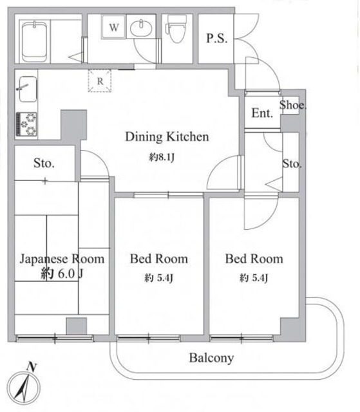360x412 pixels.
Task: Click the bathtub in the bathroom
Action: click(34, 41)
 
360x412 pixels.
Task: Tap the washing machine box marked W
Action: click(114, 27)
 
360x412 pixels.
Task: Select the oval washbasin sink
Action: click(141, 28)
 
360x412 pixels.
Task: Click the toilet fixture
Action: click(177, 29)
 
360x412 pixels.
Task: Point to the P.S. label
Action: click(216, 39)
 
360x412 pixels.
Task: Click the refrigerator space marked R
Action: click(100, 80)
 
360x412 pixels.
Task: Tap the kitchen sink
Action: click(27, 89)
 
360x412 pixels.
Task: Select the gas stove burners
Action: click(26, 124)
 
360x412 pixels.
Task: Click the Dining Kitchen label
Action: click(167, 136)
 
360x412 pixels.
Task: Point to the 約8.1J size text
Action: click(162, 157)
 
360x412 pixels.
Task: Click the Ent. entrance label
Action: click(262, 113)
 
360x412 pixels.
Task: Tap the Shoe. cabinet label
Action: click(293, 105)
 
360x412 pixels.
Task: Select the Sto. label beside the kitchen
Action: click(44, 163)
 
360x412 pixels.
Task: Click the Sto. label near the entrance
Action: click(292, 164)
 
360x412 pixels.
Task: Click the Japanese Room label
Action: click(62, 259)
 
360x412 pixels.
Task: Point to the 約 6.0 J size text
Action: click(62, 274)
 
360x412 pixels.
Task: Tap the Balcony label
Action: click(211, 358)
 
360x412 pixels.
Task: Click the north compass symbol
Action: click(24, 387)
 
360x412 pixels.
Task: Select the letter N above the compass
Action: click(32, 366)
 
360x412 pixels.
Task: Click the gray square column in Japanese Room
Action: click(76, 326)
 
